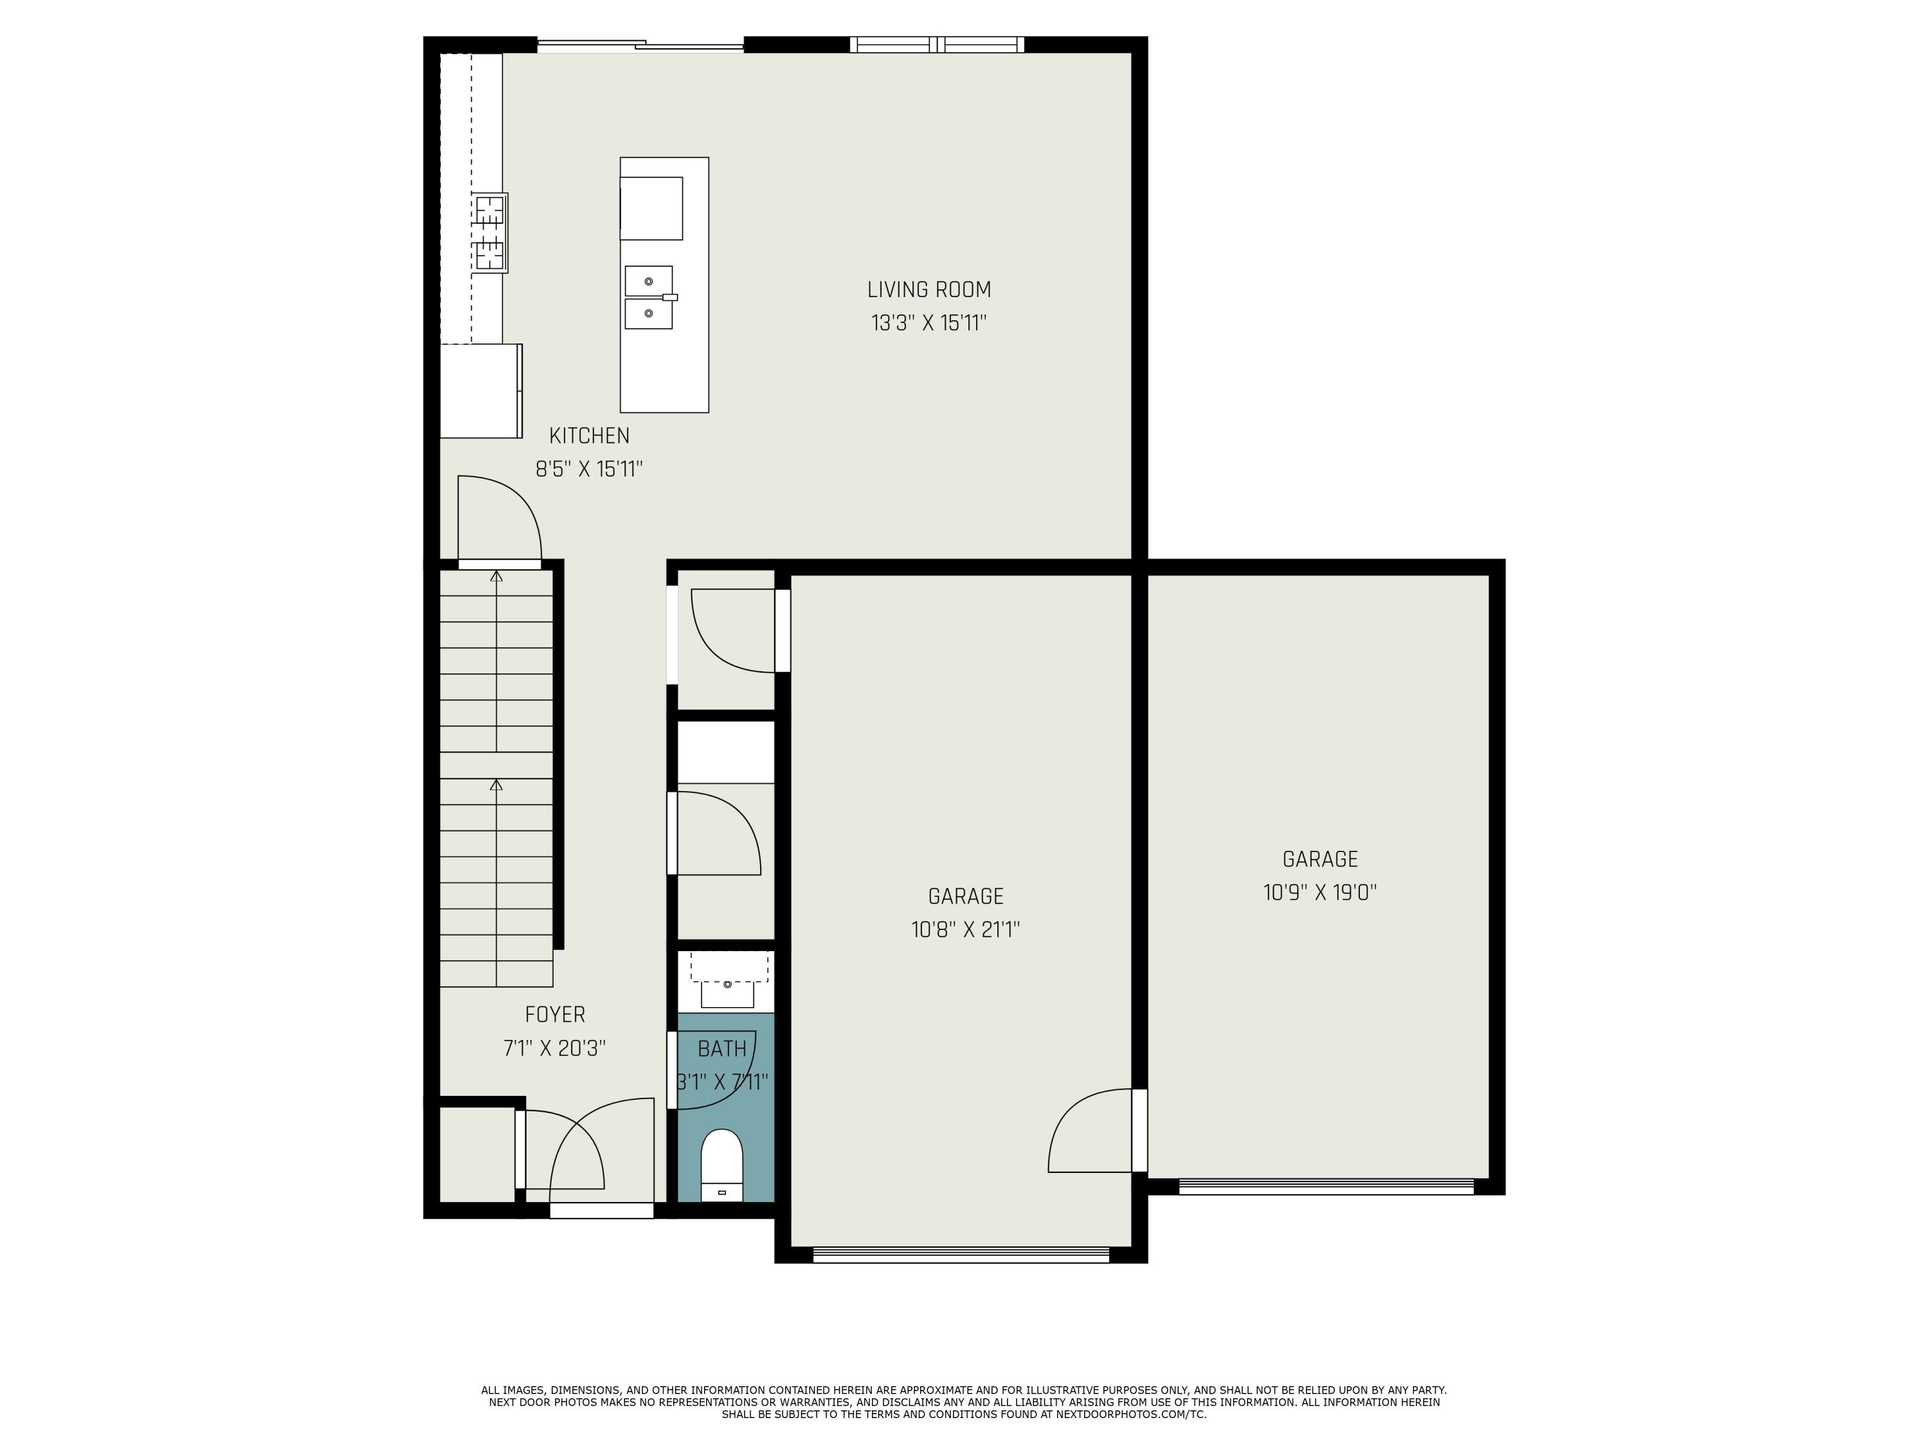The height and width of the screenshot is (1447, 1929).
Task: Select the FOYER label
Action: click(555, 1014)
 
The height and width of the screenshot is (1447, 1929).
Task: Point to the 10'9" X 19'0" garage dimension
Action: click(1319, 892)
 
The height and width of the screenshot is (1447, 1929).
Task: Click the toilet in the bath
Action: click(721, 1165)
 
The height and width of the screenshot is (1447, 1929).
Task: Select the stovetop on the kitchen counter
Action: click(490, 233)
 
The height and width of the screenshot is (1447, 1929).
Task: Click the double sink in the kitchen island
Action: click(649, 297)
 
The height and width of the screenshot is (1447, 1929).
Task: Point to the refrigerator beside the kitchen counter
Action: click(480, 391)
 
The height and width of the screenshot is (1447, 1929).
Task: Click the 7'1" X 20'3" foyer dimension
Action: click(555, 1048)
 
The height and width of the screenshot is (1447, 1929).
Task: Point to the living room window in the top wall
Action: click(937, 44)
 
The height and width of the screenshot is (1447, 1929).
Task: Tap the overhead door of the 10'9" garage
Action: click(1327, 1186)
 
